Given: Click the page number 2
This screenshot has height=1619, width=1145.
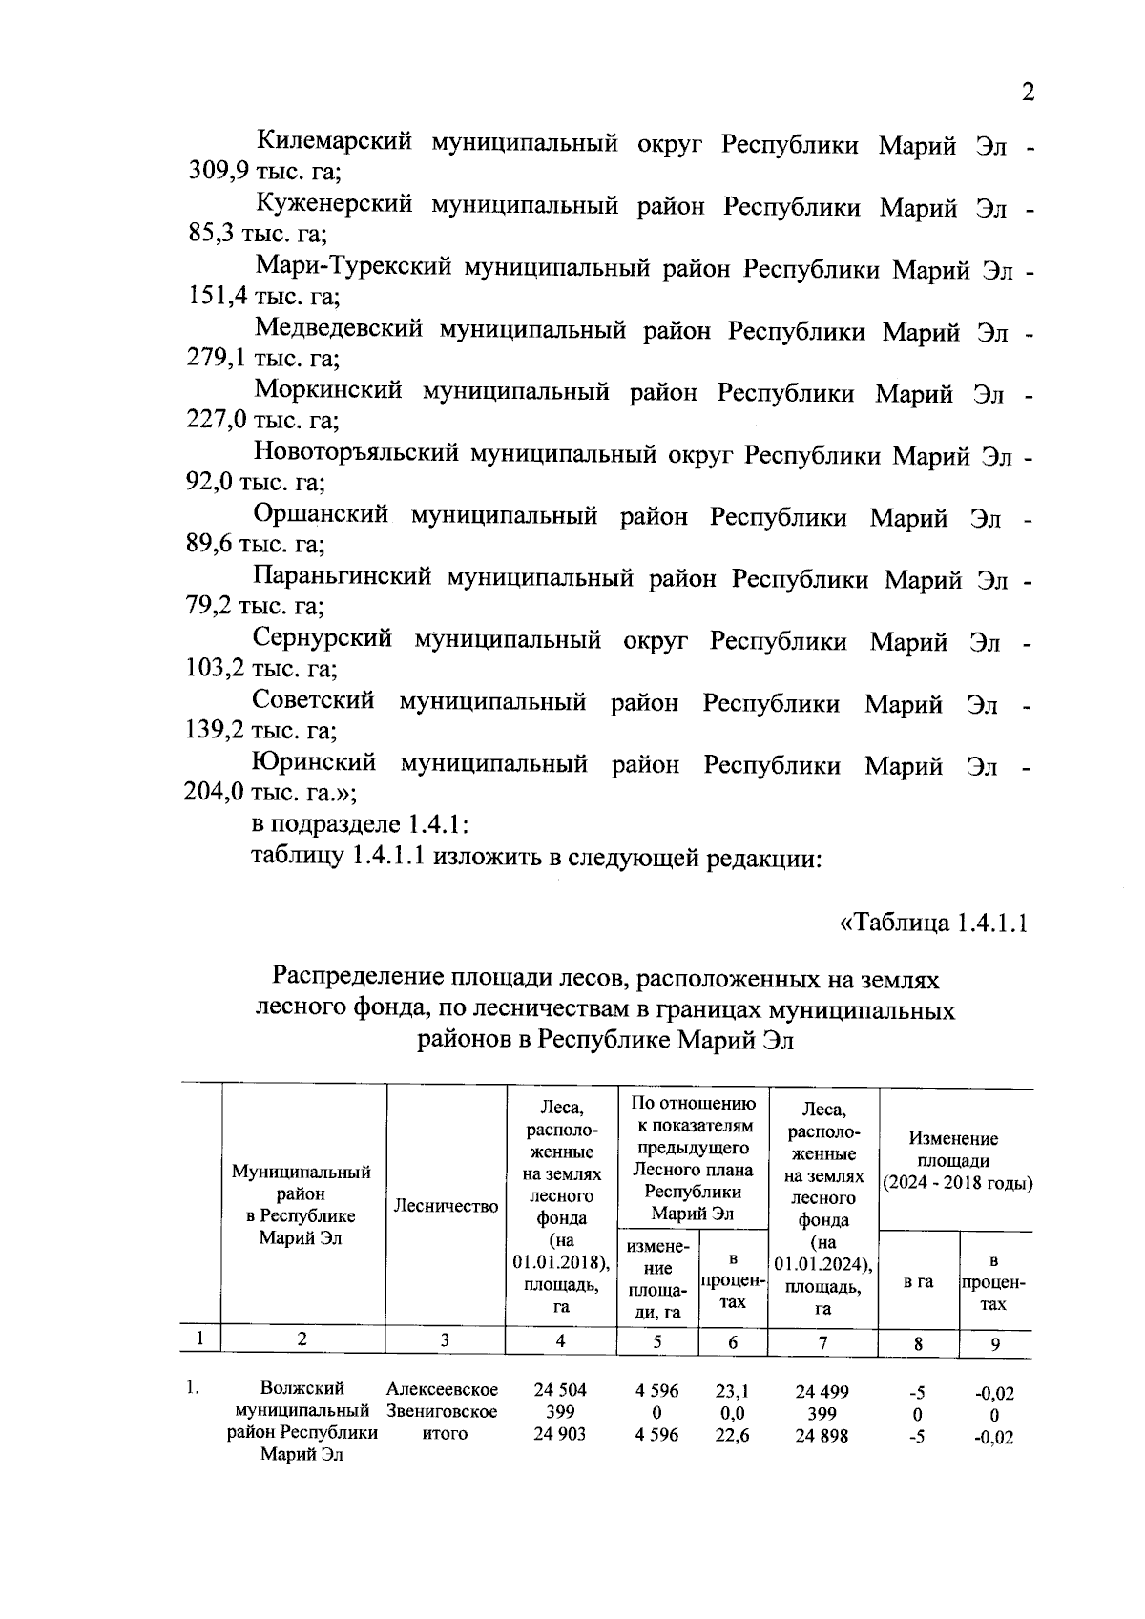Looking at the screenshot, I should [1028, 93].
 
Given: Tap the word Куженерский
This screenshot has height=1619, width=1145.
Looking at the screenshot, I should [334, 205].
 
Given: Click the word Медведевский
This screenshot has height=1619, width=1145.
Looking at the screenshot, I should [339, 330].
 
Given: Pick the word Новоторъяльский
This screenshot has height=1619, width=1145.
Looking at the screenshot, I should [355, 454].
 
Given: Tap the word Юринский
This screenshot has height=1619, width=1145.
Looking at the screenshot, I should [314, 764].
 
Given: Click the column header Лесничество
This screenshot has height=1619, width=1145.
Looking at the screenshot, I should [446, 1207].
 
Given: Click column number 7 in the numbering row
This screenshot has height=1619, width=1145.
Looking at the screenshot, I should [822, 1342].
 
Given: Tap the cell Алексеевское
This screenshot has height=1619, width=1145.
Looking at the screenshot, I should [443, 1390].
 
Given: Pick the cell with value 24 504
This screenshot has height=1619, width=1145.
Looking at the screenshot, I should [560, 1390].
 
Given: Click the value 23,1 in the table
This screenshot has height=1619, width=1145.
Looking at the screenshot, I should [732, 1391].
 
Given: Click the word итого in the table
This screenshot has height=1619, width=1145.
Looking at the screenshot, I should [444, 1434].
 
